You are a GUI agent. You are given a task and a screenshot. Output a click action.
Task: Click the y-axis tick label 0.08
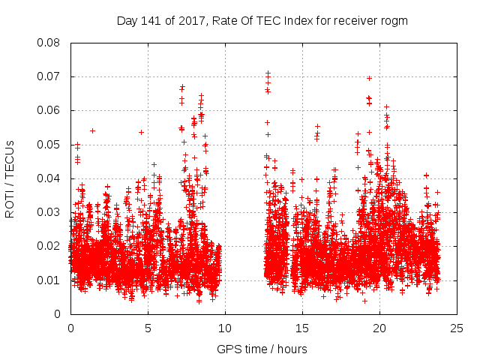(49, 43)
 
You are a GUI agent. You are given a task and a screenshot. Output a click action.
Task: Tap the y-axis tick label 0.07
(49, 76)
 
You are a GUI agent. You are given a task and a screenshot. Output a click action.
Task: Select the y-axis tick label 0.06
(49, 110)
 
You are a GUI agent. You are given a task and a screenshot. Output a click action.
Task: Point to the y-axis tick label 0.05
(49, 144)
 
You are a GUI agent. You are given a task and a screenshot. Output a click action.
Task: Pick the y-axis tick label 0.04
(49, 178)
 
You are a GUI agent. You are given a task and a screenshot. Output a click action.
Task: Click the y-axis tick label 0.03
(49, 212)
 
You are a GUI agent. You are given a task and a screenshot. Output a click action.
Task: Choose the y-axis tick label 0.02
(49, 246)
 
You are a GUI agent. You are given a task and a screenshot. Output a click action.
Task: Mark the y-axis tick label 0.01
(49, 280)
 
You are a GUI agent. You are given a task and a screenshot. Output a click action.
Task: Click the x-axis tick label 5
(148, 328)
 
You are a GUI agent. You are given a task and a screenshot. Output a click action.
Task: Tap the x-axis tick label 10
(225, 328)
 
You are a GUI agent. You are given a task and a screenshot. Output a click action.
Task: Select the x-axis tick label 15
(302, 328)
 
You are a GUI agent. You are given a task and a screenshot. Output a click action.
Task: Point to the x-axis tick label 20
(380, 328)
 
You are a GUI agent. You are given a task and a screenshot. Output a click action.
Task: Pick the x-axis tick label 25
(457, 328)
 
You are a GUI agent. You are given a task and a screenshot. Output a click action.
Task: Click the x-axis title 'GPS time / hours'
(262, 349)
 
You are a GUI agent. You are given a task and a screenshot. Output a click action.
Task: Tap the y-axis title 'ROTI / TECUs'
(10, 178)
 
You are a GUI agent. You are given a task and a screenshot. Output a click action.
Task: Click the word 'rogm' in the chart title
(394, 21)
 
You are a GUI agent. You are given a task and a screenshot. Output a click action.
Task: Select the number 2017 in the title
(193, 21)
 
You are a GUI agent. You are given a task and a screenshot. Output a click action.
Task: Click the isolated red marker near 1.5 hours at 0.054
(92, 130)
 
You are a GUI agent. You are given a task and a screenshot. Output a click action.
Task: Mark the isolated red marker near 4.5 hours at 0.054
(141, 132)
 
